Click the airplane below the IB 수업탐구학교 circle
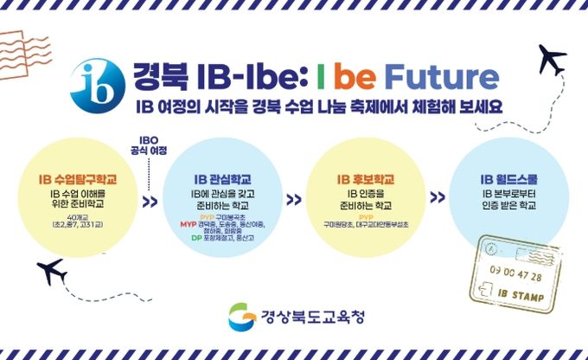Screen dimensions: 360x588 (48, 274)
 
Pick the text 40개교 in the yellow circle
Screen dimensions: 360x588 (78, 215)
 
